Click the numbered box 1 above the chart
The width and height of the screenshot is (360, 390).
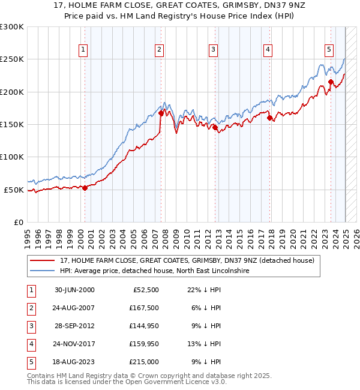[82, 50]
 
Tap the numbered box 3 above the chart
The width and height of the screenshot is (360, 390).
[213, 50]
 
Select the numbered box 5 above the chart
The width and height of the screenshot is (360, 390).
[329, 50]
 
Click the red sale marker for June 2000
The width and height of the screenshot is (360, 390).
[85, 188]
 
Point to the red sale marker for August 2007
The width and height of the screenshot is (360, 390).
[161, 113]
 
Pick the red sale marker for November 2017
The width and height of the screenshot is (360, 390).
[269, 118]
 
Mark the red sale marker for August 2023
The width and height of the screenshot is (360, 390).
[331, 82]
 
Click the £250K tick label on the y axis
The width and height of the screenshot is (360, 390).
[12, 59]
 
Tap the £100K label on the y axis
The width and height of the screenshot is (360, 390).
[12, 157]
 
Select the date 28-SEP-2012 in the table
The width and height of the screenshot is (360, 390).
[74, 326]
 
